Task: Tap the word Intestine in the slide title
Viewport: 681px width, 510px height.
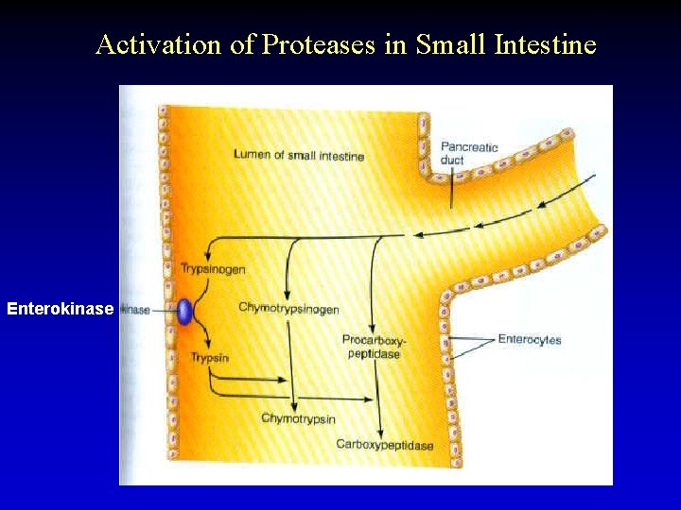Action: [x=545, y=44]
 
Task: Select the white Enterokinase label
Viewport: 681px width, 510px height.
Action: [x=60, y=309]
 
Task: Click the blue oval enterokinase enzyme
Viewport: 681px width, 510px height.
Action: [x=184, y=311]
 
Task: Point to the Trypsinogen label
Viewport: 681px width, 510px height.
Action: [x=213, y=269]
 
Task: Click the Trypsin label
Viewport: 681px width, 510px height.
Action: [x=210, y=358]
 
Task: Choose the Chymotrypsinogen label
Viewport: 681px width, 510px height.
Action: [x=288, y=309]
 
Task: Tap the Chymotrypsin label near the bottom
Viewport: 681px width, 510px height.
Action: [x=298, y=418]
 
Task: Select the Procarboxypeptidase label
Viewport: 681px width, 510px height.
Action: [x=371, y=347]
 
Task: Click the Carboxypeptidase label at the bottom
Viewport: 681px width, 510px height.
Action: [x=384, y=444]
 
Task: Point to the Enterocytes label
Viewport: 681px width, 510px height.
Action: [x=529, y=340]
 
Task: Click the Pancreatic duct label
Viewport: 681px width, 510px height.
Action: [x=468, y=153]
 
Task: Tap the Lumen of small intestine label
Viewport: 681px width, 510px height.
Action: [x=298, y=155]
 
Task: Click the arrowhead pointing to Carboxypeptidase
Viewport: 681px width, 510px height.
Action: [x=379, y=431]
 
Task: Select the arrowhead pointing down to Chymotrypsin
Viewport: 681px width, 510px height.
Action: [x=293, y=405]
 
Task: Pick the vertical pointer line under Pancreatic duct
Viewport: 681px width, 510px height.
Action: [x=451, y=189]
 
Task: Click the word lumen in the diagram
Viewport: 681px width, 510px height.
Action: [x=253, y=155]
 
